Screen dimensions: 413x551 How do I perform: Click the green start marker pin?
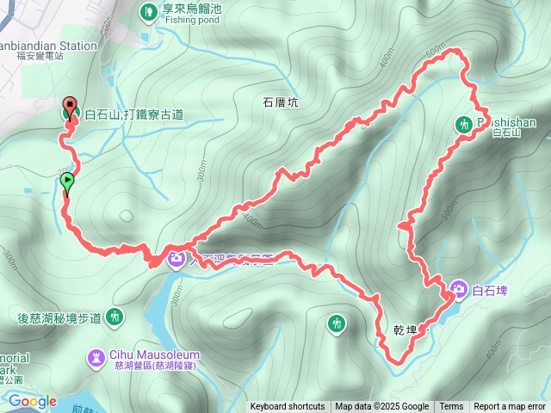pos(67,182)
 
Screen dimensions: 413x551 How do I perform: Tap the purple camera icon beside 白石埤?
pos(459,288)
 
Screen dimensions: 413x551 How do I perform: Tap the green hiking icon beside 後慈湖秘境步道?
pos(115,317)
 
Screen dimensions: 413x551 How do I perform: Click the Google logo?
pos(33,401)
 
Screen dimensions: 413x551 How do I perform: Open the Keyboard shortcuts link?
pos(288,407)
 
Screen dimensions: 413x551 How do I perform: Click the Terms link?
pos(451,407)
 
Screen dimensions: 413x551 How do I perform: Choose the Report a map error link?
pos(510,407)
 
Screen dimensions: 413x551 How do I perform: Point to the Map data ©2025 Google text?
pos(381,407)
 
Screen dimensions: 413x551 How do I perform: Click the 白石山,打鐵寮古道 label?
pos(133,114)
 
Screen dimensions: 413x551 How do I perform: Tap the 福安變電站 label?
pos(40,56)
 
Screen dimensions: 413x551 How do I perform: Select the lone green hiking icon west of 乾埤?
pos(337,324)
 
